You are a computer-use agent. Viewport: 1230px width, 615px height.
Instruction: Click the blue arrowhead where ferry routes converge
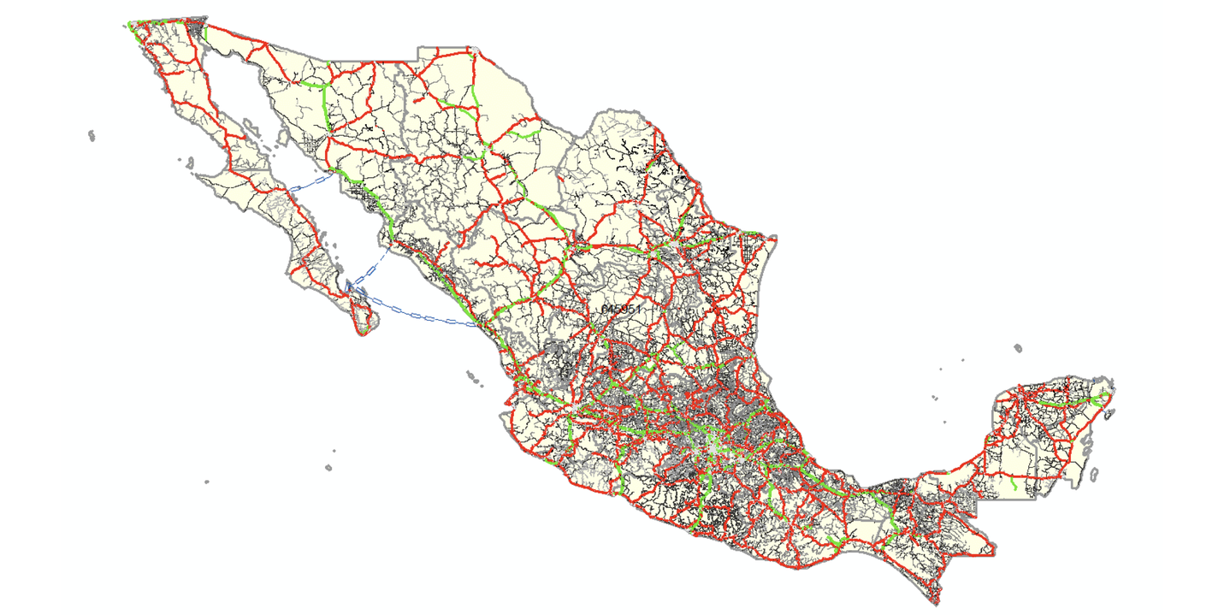pyautogui.click(x=349, y=285)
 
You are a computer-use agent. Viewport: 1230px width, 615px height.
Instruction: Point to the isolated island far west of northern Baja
pyautogui.click(x=91, y=134)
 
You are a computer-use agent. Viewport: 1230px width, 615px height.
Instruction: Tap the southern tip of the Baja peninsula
pyautogui.click(x=364, y=333)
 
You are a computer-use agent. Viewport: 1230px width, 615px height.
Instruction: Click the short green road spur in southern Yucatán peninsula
pyautogui.click(x=1013, y=485)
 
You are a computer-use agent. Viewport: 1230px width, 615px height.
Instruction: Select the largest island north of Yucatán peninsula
pyautogui.click(x=1017, y=348)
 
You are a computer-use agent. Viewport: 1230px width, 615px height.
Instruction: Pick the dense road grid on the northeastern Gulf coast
pyautogui.click(x=753, y=251)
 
